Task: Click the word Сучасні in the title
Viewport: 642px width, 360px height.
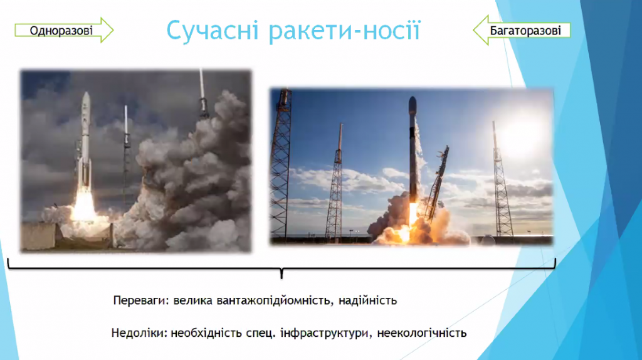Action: click(212, 30)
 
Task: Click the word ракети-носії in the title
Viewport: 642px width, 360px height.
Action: click(345, 31)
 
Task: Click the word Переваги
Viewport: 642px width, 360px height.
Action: click(140, 301)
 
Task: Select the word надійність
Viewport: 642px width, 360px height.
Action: click(367, 300)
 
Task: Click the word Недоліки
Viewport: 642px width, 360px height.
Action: click(139, 332)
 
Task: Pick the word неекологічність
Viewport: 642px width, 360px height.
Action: click(422, 333)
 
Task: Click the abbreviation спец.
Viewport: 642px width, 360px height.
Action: click(261, 334)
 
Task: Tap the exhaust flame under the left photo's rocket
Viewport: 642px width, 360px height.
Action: click(83, 207)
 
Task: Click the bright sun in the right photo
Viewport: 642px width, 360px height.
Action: click(523, 134)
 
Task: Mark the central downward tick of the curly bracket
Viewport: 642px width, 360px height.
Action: click(282, 273)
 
